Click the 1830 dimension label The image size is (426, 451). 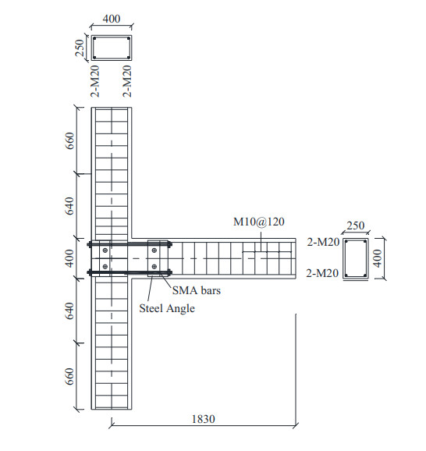pos(204,419)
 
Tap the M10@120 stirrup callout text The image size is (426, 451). pos(259,222)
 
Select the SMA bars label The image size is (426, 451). pos(197,290)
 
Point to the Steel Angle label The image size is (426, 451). pos(167,309)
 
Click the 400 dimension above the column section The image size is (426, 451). pos(112,19)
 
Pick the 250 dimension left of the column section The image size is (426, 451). pos(80,48)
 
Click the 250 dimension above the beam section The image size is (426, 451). pos(356,225)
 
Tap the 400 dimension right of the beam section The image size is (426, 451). pos(378,258)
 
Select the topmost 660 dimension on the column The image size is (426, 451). pos(69,140)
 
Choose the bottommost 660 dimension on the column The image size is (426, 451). pos(69,376)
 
